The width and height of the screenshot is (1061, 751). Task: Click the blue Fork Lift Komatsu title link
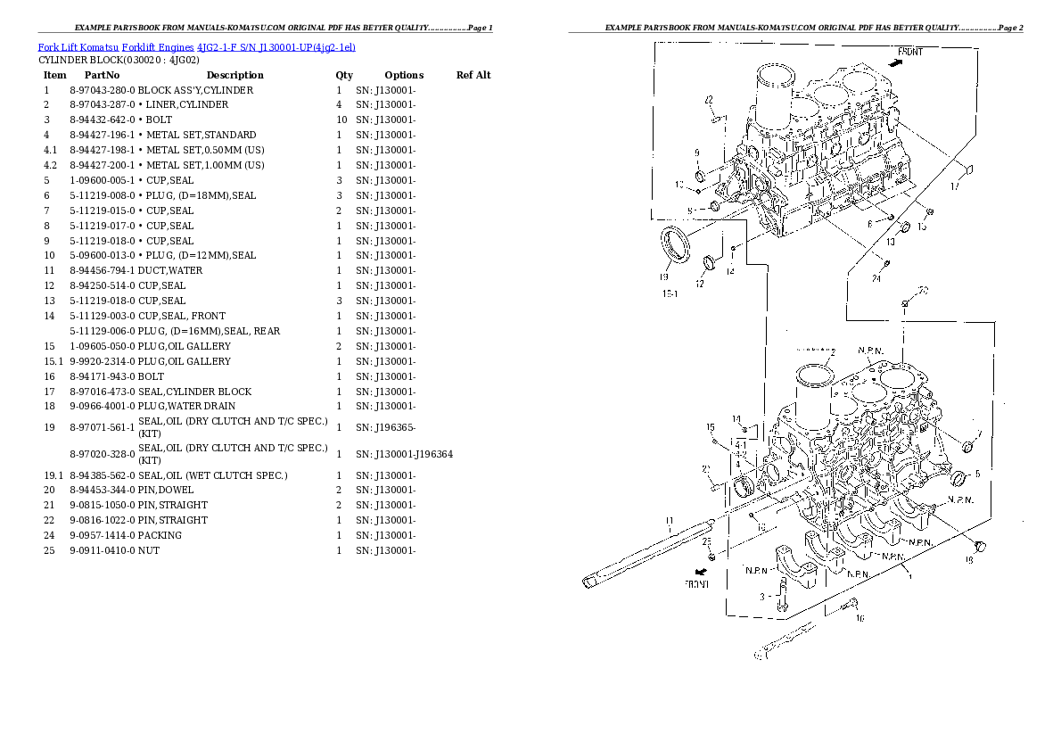pos(197,46)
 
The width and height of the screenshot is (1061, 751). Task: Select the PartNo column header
pos(102,75)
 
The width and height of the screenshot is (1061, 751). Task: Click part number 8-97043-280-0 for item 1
pos(102,90)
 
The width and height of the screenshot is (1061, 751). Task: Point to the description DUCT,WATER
pos(170,270)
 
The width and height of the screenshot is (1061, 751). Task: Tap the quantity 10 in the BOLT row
pos(341,120)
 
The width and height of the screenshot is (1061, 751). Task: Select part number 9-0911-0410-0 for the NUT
pos(102,550)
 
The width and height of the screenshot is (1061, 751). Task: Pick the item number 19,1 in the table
pos(53,475)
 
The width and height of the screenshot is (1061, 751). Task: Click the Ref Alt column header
pos(473,75)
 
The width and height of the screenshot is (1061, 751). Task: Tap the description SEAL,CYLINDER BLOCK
pos(194,392)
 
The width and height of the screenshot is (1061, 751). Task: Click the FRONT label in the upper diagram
pos(909,53)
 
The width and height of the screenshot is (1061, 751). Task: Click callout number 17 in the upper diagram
pos(954,186)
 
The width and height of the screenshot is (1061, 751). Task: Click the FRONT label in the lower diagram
pos(696,584)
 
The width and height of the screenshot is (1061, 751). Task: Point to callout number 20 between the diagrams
pos(923,290)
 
